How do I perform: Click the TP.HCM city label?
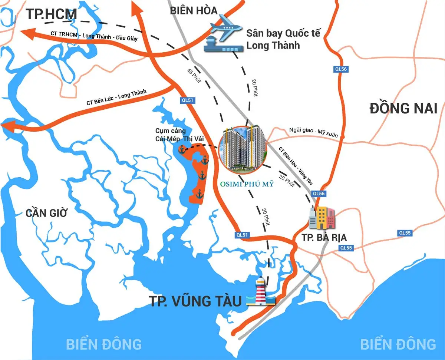51,14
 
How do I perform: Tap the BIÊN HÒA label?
194,11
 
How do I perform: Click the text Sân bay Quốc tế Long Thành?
283,39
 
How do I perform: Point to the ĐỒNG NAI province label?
403,109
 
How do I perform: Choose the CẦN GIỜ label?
47,213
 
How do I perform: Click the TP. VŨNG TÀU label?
195,301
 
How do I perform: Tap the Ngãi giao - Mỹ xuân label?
313,132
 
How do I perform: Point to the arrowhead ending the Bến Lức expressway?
7,126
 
